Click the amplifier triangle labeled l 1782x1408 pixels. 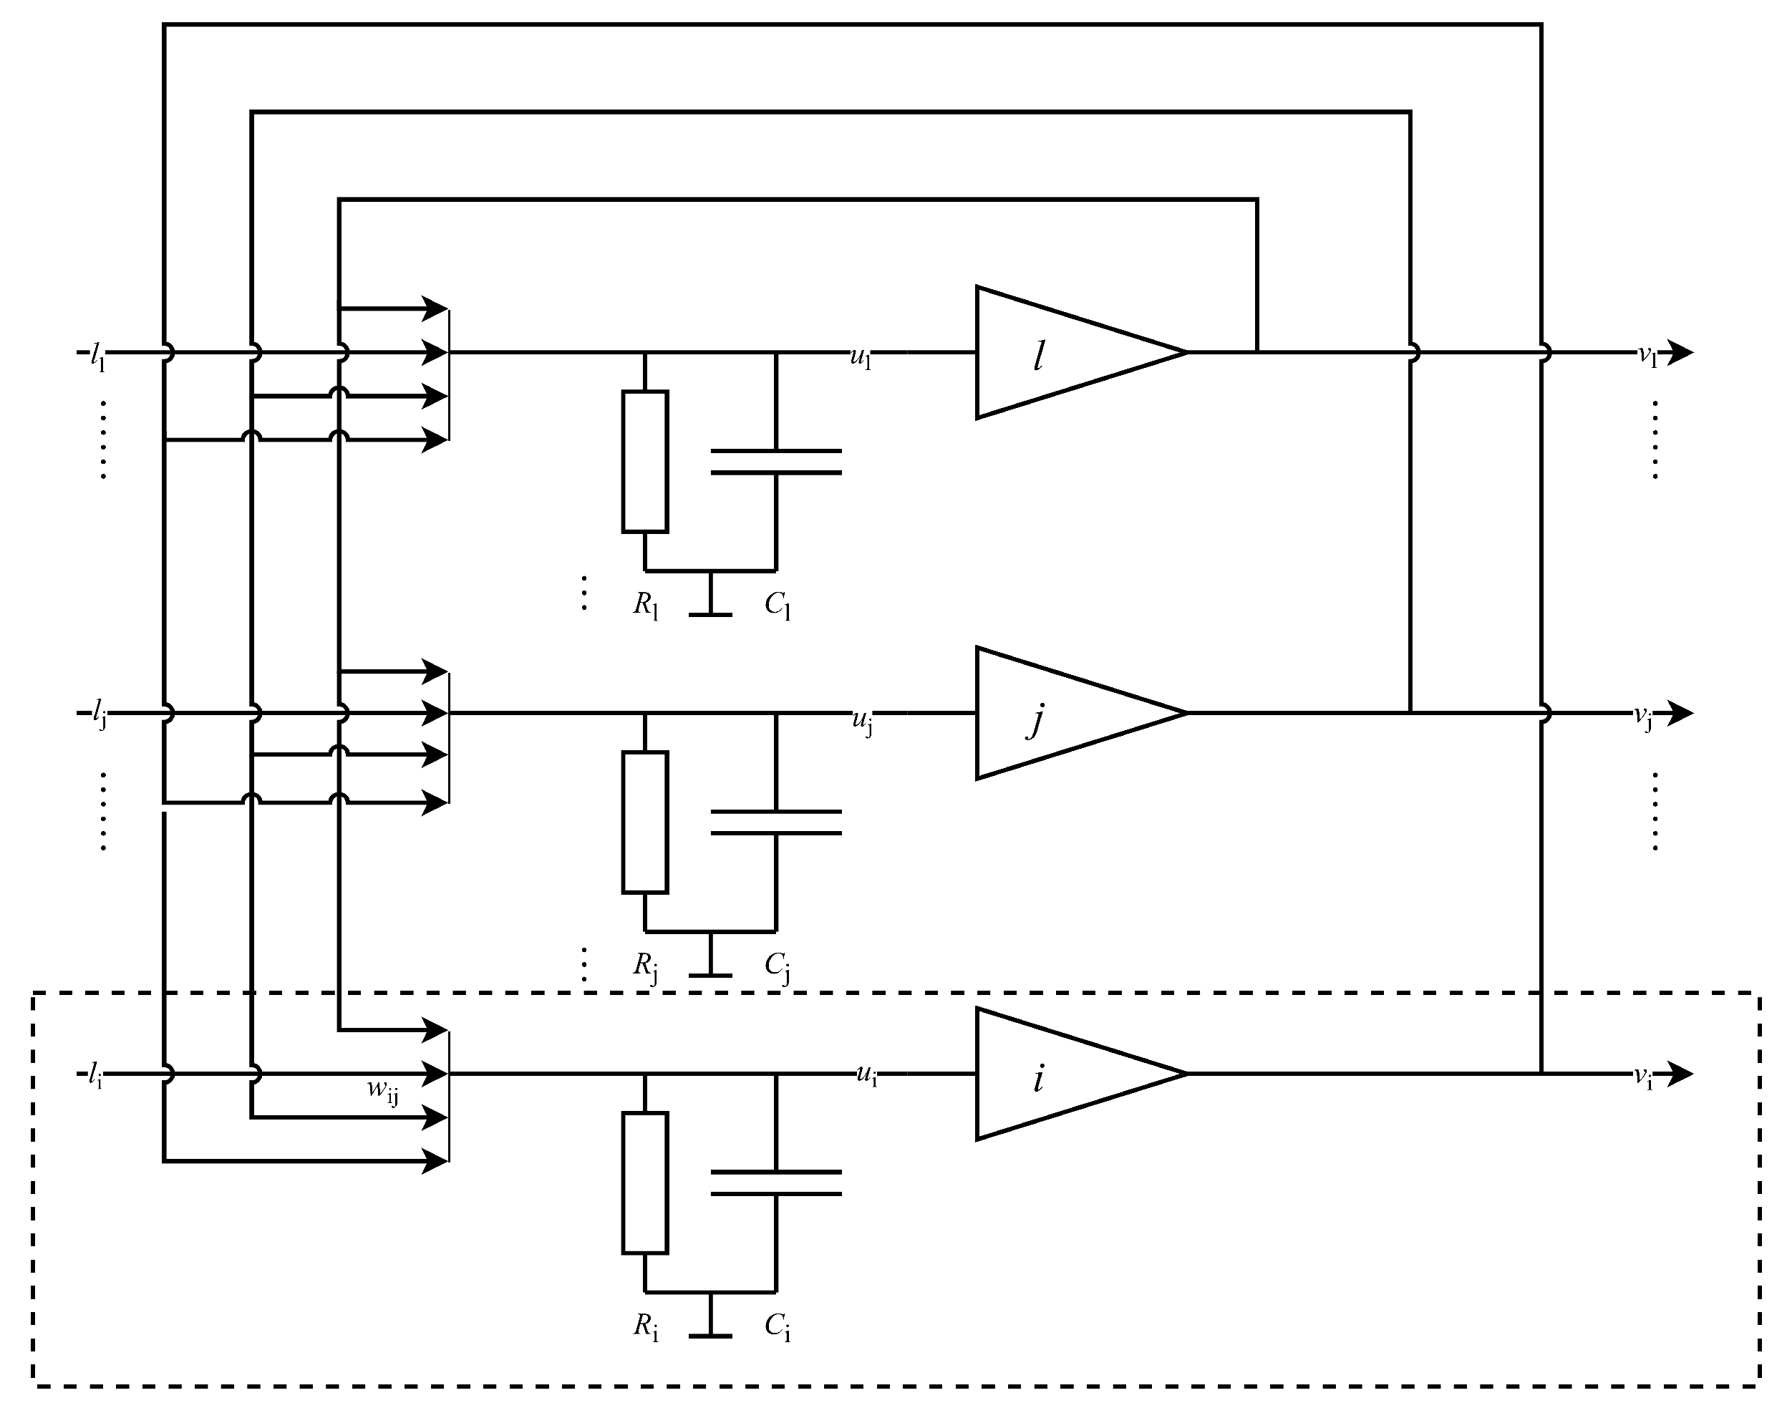coord(1064,353)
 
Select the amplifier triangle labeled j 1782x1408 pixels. coord(1064,713)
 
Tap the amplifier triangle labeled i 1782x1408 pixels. coord(1064,1074)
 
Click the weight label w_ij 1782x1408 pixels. coord(382,1091)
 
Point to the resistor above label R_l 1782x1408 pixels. coord(645,462)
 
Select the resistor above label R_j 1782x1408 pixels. coord(645,822)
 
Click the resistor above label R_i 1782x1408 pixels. coord(645,1183)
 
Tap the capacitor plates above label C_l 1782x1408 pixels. coord(776,462)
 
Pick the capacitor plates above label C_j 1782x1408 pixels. coord(776,822)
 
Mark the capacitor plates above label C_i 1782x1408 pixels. coord(776,1182)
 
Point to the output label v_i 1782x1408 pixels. coord(1645,1077)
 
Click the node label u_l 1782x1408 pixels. coord(861,358)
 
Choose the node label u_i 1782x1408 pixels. coord(866,1075)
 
